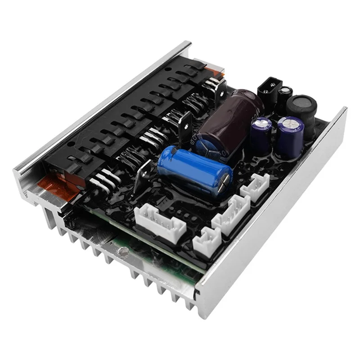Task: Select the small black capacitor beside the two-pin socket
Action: pyautogui.click(x=285, y=96)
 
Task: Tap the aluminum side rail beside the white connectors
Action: pyautogui.click(x=279, y=211)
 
